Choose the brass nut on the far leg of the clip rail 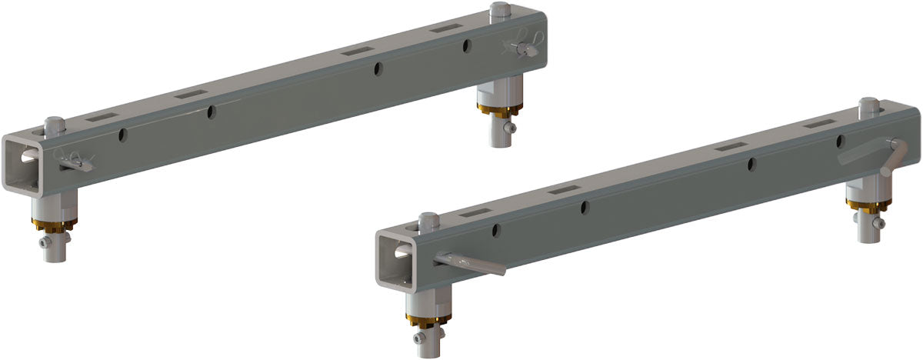tap(499, 107)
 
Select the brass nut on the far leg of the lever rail tap(868, 203)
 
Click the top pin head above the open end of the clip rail tap(53, 122)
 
